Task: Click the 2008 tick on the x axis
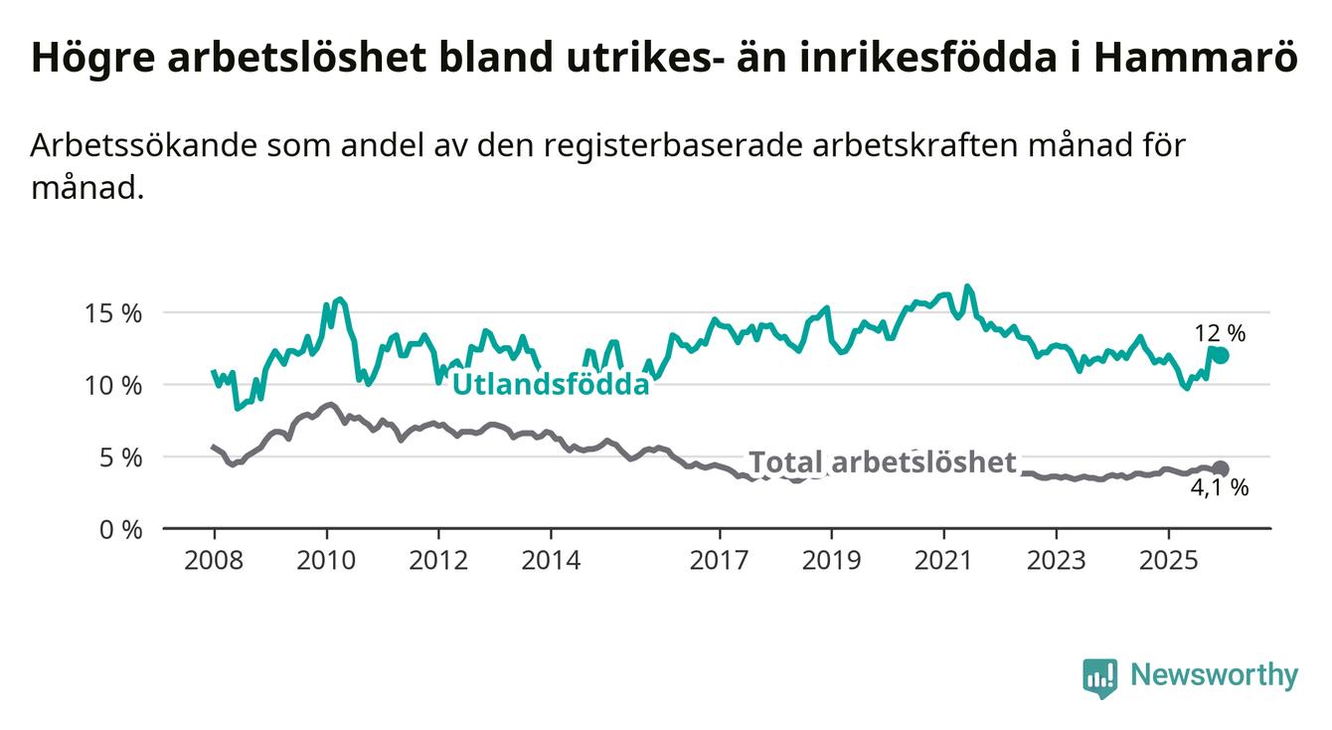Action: (214, 559)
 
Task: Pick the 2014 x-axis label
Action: (551, 559)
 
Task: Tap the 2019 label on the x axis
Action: (831, 559)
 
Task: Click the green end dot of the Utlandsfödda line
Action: (1221, 355)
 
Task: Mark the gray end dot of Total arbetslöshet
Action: (1221, 468)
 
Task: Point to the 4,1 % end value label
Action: (1219, 488)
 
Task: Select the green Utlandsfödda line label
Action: (551, 384)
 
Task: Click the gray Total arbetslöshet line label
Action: (883, 462)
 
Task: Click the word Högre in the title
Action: (90, 59)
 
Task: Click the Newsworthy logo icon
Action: (1099, 677)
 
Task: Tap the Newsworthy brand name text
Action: (1215, 676)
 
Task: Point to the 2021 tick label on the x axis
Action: (943, 559)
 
